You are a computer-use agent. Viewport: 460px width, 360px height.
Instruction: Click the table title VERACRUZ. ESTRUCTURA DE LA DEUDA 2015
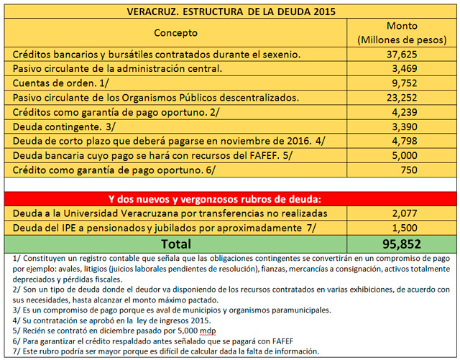point(230,11)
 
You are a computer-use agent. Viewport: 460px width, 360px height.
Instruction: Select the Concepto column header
point(175,33)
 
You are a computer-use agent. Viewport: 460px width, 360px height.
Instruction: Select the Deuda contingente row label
point(55,126)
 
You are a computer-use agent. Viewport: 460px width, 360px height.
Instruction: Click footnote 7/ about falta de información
point(160,351)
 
